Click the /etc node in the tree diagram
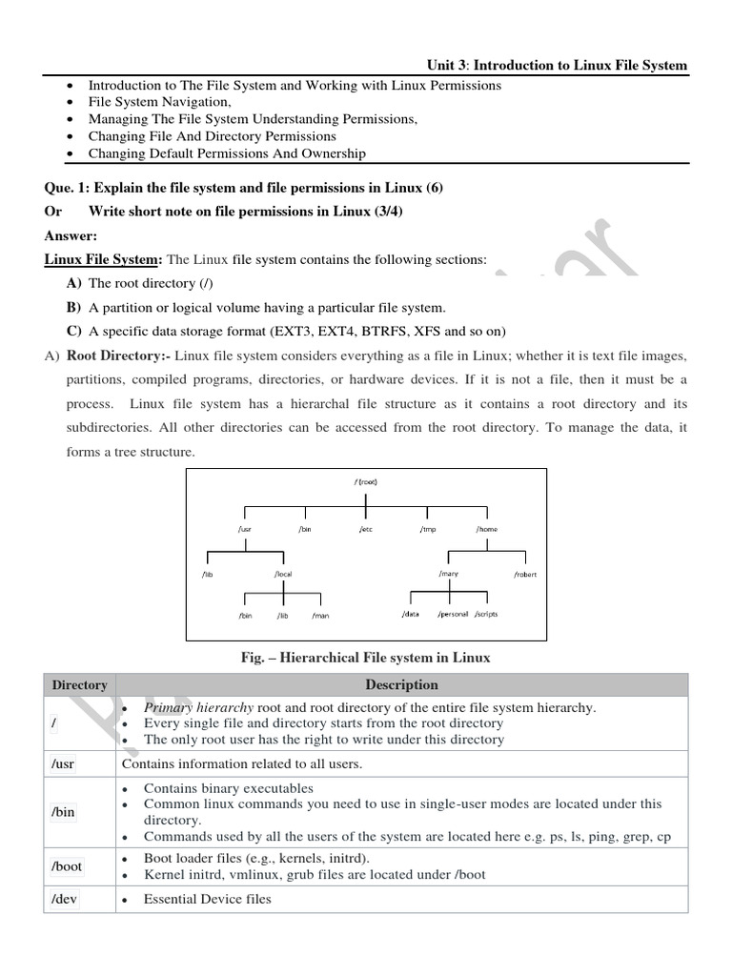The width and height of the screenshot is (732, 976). coord(365,529)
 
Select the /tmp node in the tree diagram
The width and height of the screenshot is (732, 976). coord(427,529)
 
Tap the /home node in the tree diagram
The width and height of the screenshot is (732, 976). coord(486,529)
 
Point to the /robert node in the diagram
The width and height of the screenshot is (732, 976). coord(525,575)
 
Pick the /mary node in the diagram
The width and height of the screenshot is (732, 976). coord(449,574)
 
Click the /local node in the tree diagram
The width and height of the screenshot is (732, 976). coord(282,575)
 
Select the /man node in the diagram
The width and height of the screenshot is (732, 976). coord(320,616)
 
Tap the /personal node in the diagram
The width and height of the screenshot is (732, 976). coord(453,615)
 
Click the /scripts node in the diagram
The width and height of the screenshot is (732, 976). coord(485,615)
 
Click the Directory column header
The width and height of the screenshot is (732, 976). coord(80,684)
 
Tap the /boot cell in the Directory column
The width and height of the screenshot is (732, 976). coord(67,866)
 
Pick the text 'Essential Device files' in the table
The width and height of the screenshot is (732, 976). coord(207,899)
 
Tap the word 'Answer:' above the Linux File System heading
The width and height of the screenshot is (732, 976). coord(71,235)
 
